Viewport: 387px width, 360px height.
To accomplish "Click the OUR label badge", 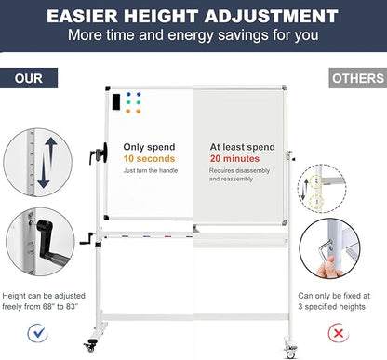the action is tap(29, 78).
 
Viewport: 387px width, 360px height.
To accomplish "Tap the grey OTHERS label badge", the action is tap(358, 78).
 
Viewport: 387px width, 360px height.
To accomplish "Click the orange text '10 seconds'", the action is tap(149, 159).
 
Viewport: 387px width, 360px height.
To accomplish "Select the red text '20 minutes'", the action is tap(234, 159).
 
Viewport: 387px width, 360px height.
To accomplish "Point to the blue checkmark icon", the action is tap(38, 333).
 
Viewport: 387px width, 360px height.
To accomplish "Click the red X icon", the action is tap(339, 333).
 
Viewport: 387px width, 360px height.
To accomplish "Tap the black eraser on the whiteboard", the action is tap(116, 101).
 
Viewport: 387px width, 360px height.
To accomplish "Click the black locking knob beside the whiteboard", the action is tap(100, 153).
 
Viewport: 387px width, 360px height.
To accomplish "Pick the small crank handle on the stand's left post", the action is tap(87, 239).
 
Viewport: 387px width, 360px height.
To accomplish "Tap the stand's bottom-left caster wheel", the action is tap(90, 345).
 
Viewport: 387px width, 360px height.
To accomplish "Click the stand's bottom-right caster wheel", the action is tap(290, 352).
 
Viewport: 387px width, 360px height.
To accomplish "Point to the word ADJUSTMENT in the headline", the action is tap(271, 16).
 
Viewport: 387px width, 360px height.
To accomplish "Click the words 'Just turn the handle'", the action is tap(151, 170).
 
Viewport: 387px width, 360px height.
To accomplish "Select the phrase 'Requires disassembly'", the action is tap(239, 170).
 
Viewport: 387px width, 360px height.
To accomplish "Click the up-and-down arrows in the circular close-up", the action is tap(46, 163).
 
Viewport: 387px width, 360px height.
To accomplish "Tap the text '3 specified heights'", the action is tap(332, 307).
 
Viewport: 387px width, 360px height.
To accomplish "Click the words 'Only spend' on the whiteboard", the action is tap(149, 147).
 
